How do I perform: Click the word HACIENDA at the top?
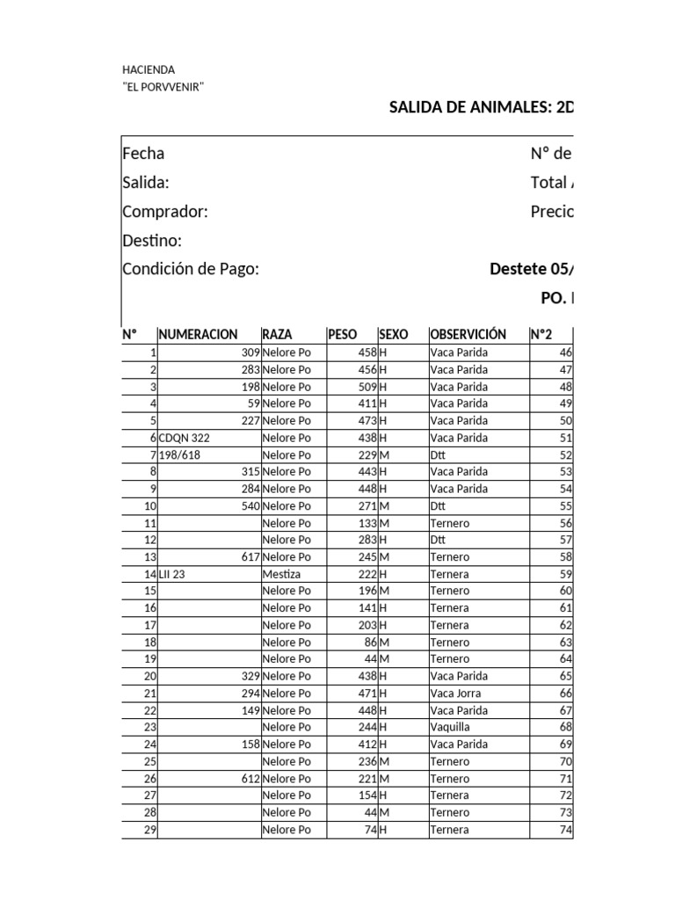click(x=149, y=69)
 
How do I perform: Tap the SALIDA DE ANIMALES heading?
click(x=481, y=108)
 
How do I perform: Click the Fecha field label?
click(x=143, y=154)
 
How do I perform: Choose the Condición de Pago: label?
click(x=191, y=270)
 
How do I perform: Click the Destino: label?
click(x=152, y=241)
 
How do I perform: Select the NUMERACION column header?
click(x=198, y=335)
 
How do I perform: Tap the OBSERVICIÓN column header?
click(x=468, y=335)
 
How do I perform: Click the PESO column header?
click(x=342, y=335)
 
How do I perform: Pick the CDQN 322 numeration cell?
click(x=185, y=438)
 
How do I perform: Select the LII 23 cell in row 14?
click(x=171, y=574)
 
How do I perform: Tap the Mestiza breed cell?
click(x=281, y=574)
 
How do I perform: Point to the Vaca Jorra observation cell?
click(x=455, y=693)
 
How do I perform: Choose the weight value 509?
click(x=367, y=387)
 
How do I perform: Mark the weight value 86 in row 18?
click(x=370, y=642)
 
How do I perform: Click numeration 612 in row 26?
click(x=250, y=779)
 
